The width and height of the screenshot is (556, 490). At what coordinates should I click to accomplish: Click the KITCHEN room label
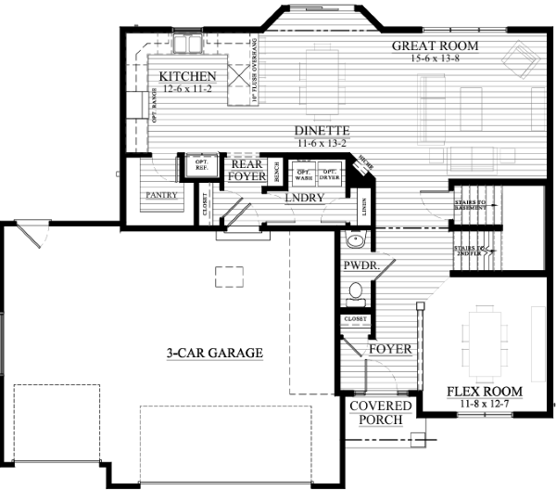[187, 76]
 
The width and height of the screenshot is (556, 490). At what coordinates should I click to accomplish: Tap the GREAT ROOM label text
[434, 45]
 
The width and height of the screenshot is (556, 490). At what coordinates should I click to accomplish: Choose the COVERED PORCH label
[375, 413]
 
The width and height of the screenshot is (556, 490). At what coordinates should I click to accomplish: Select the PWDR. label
[359, 265]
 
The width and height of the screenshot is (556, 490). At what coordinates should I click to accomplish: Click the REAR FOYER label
[247, 168]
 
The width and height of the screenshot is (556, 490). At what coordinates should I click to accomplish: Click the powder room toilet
[353, 292]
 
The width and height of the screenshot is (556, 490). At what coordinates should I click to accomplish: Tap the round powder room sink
[353, 242]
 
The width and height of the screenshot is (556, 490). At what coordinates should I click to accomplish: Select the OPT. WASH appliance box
[304, 174]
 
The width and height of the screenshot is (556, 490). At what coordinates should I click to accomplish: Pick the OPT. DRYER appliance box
[330, 174]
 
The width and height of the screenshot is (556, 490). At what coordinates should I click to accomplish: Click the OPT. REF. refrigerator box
[200, 164]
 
